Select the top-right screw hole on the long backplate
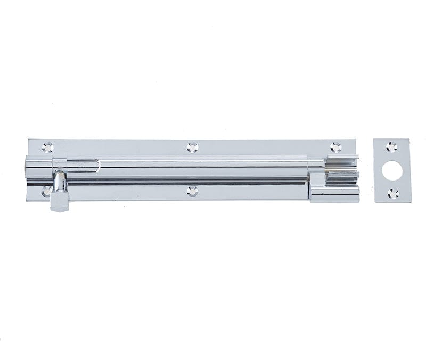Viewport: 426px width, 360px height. (x=335, y=147)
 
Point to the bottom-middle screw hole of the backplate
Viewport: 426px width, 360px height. (x=193, y=190)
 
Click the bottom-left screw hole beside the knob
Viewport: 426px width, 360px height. (x=47, y=190)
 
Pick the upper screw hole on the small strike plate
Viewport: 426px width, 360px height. (x=392, y=147)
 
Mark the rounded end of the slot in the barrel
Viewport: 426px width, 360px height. (x=97, y=166)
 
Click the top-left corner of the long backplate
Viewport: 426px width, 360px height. (x=28, y=140)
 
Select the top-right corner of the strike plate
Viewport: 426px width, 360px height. (x=409, y=140)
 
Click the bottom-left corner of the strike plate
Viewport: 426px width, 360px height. (x=374, y=202)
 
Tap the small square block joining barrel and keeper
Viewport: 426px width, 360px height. (x=316, y=178)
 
